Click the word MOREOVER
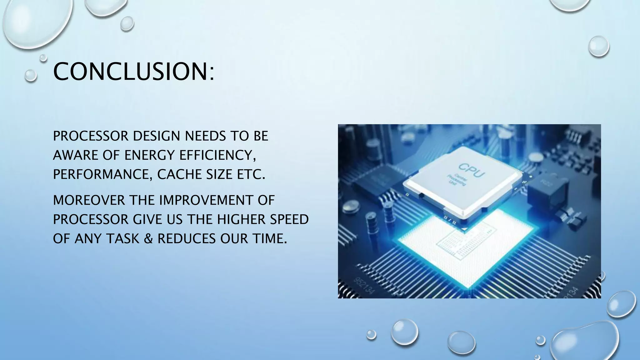click(89, 200)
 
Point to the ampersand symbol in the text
click(148, 239)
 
